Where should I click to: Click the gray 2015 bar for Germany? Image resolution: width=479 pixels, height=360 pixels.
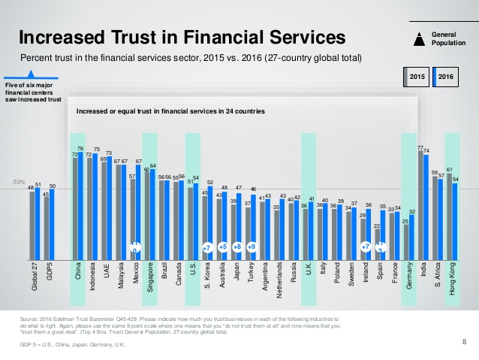(x=406, y=241)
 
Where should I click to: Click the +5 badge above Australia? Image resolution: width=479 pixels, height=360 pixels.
(x=222, y=246)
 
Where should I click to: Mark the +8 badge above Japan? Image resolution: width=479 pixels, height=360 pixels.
(x=236, y=246)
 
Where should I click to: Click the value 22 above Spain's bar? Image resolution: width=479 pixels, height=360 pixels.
(x=377, y=225)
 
